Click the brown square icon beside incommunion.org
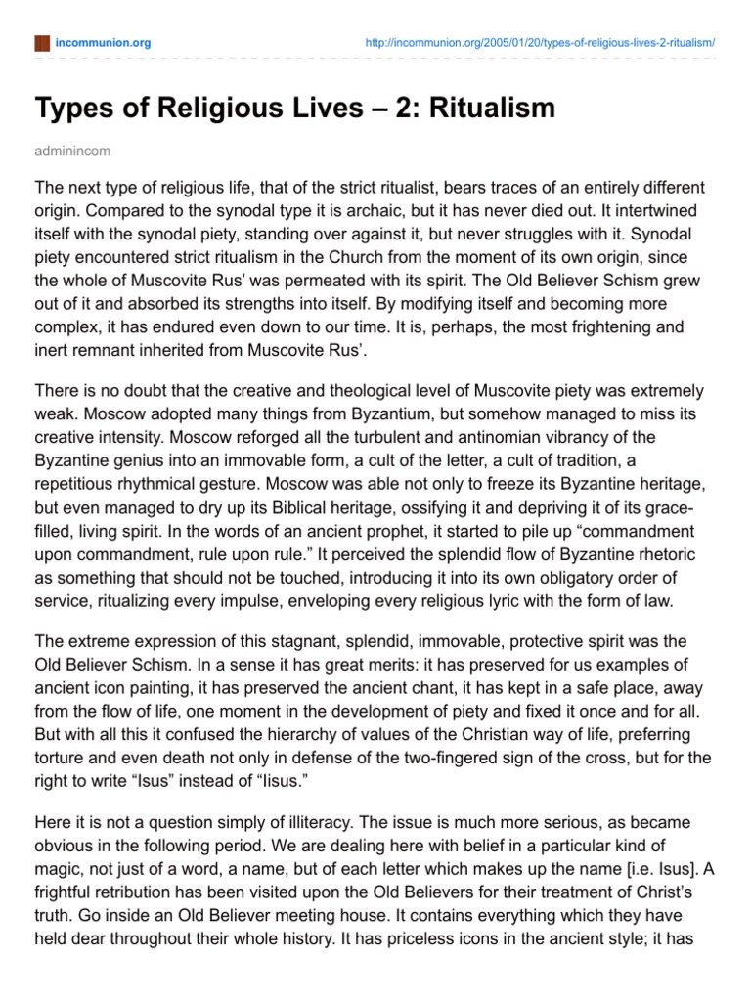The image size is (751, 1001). pyautogui.click(x=41, y=43)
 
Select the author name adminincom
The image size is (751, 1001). pyautogui.click(x=73, y=152)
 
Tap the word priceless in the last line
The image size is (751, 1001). pyautogui.click(x=319, y=948)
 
